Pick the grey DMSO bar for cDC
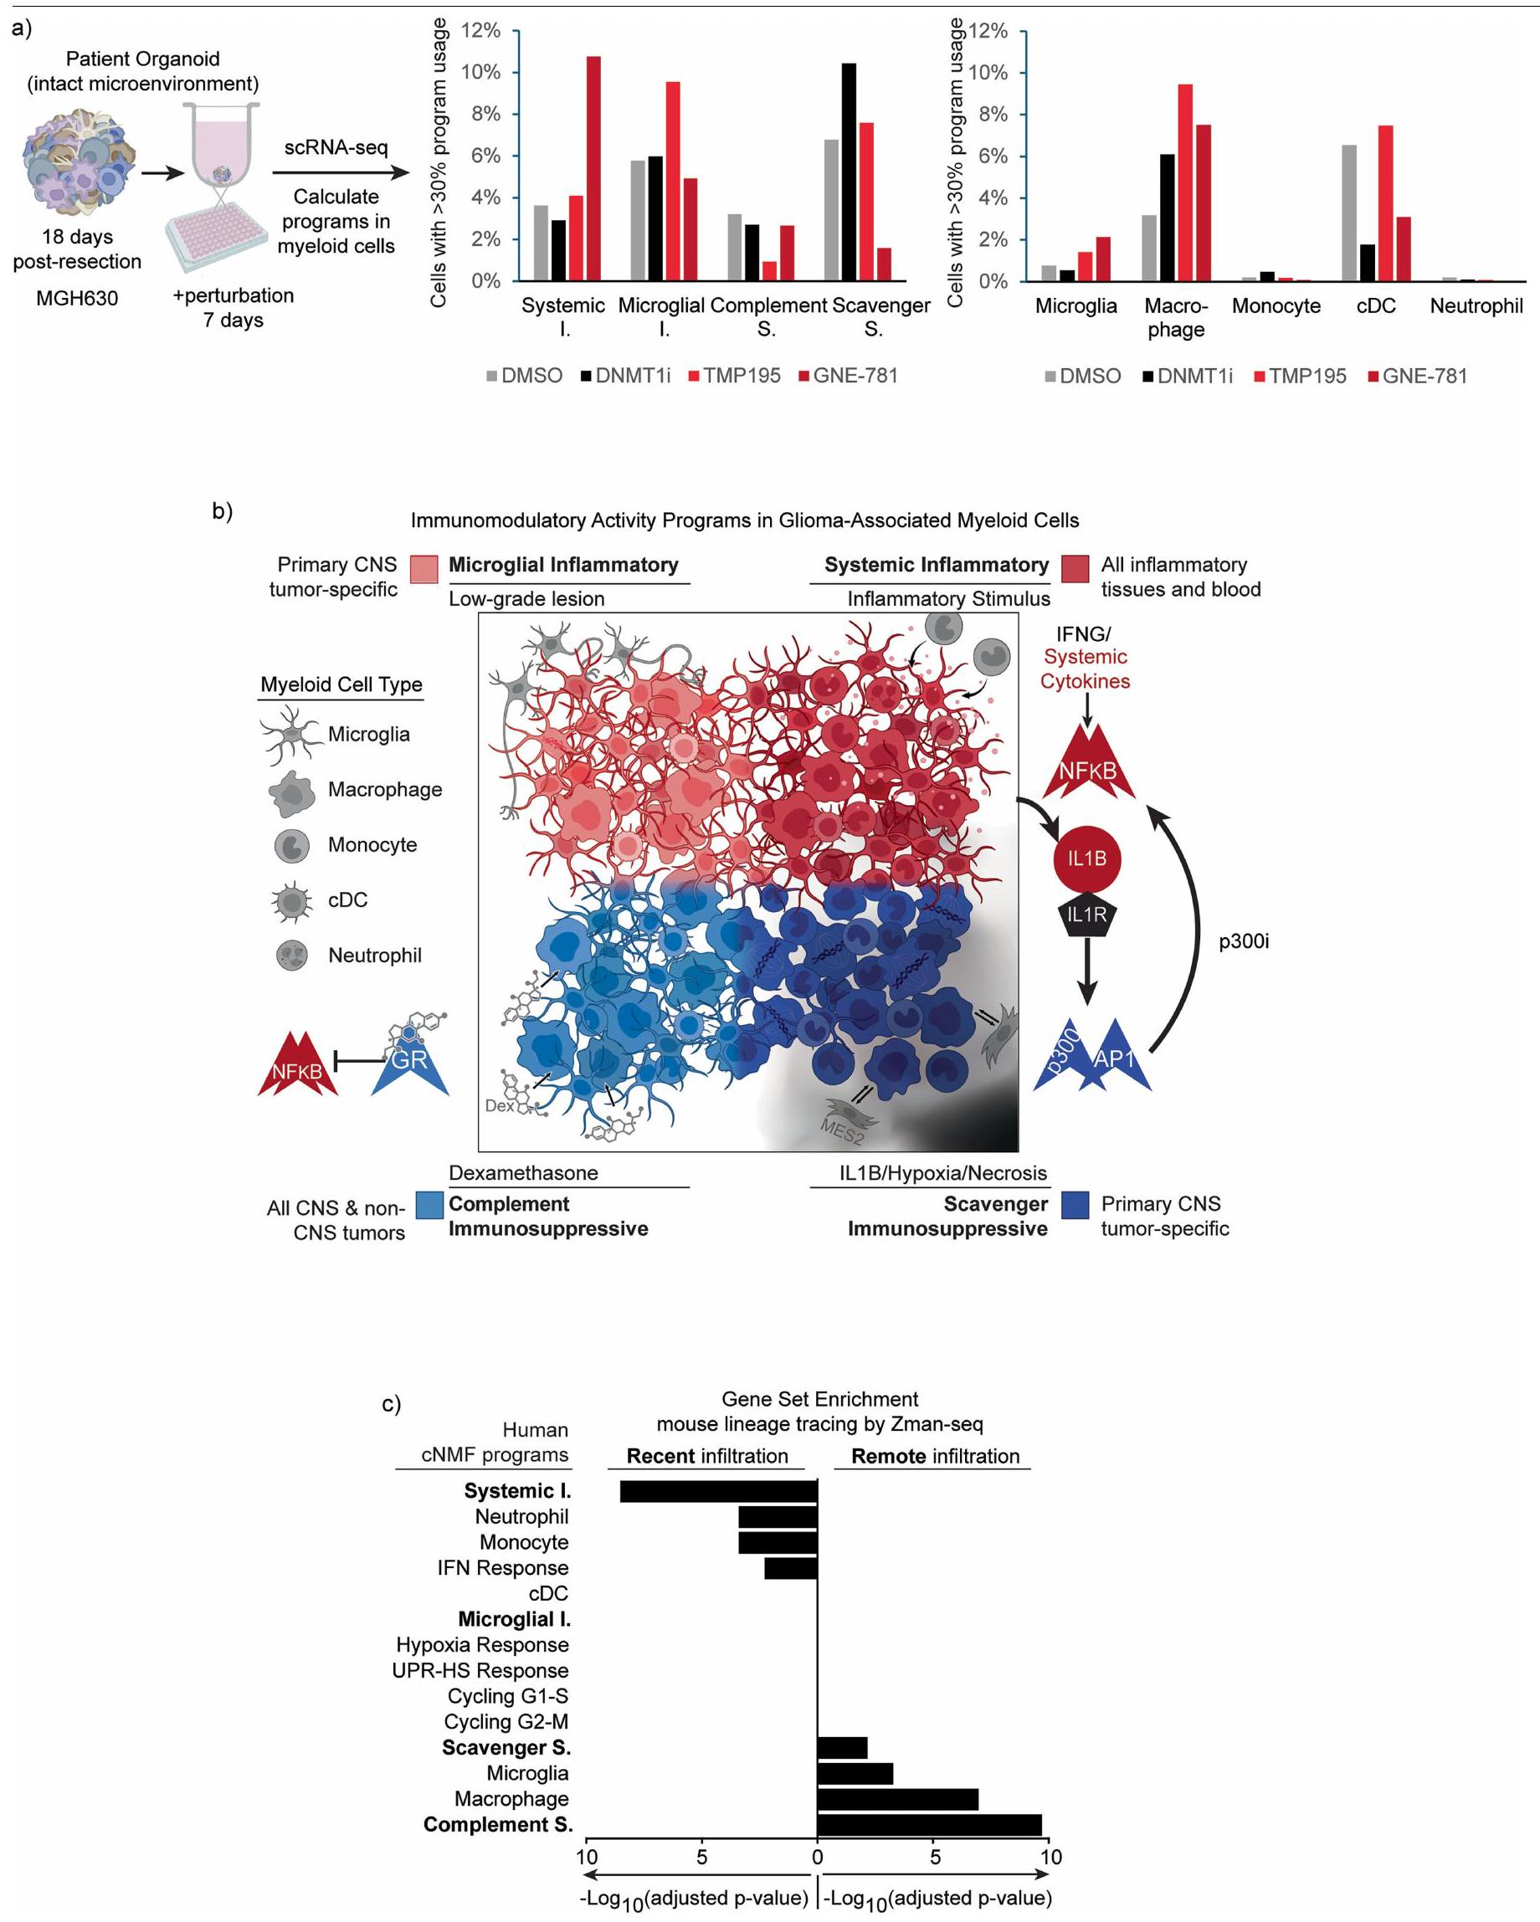[1349, 213]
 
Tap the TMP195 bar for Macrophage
[1185, 182]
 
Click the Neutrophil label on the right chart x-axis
[1476, 305]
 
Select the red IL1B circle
[1086, 858]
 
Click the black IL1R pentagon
[1086, 915]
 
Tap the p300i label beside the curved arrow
[1244, 941]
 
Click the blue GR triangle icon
[409, 1061]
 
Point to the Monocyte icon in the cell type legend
[291, 845]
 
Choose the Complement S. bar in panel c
[929, 1824]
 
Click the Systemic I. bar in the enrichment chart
[719, 1490]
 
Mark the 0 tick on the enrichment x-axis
[817, 1857]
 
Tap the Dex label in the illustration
[500, 1105]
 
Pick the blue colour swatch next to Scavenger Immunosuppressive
[1075, 1205]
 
